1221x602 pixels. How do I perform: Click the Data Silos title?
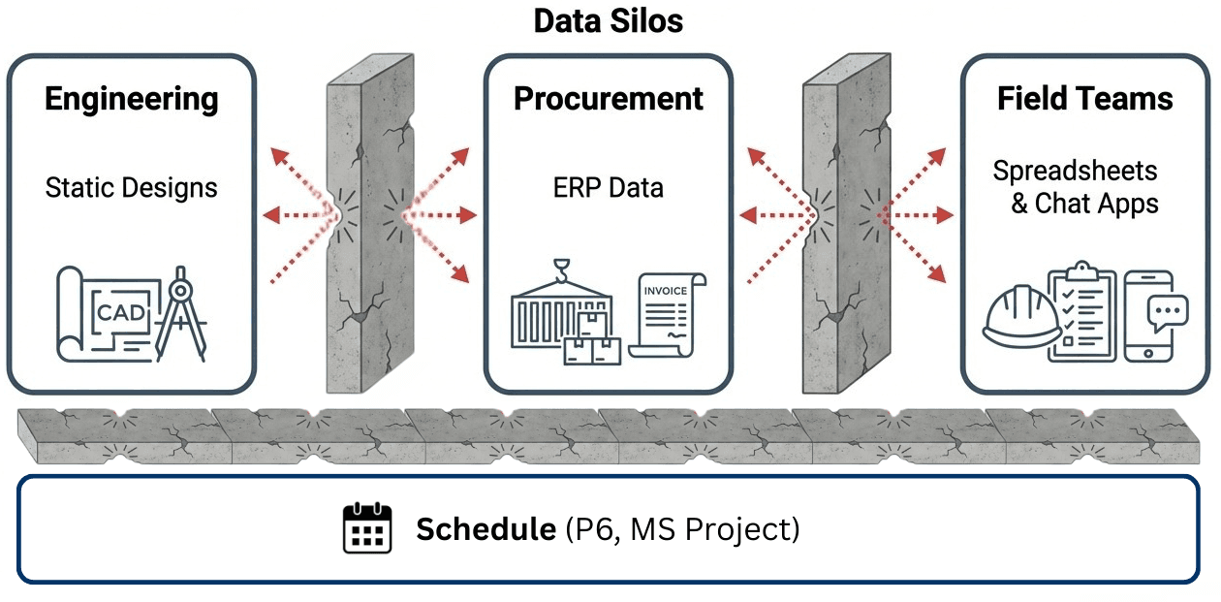pyautogui.click(x=609, y=21)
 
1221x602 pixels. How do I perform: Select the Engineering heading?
pyautogui.click(x=132, y=99)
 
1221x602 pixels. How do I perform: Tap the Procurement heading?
pyautogui.click(x=609, y=99)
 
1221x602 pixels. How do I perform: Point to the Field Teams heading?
pyautogui.click(x=1084, y=99)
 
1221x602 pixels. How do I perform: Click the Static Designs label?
pyautogui.click(x=132, y=188)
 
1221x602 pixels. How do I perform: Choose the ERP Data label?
pyautogui.click(x=609, y=188)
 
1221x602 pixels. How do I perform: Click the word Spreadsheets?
pyautogui.click(x=1075, y=172)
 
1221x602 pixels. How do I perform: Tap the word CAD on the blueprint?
pyautogui.click(x=121, y=313)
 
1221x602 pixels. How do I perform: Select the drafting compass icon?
pyautogui.click(x=181, y=313)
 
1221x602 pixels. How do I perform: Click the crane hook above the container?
pyautogui.click(x=561, y=270)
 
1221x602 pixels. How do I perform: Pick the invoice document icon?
pyautogui.click(x=667, y=315)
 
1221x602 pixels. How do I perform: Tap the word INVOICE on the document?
pyautogui.click(x=665, y=291)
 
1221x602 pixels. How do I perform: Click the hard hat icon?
pyautogui.click(x=1021, y=316)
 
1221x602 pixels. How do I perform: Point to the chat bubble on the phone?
pyautogui.click(x=1168, y=312)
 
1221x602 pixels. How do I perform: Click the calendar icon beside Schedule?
pyautogui.click(x=367, y=527)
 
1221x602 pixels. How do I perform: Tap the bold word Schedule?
pyautogui.click(x=485, y=529)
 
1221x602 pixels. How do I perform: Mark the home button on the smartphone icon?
pyautogui.click(x=1148, y=353)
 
